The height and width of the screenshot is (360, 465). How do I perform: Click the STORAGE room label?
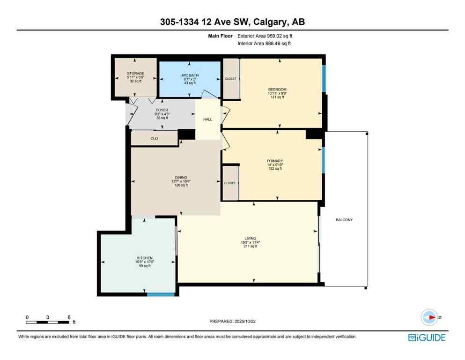(135, 74)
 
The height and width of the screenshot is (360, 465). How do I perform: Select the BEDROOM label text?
(277, 90)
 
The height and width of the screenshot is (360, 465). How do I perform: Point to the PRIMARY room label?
(275, 161)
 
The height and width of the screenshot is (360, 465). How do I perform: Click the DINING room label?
(181, 178)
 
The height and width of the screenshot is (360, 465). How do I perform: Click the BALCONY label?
(344, 220)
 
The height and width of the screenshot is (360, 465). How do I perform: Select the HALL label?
(207, 120)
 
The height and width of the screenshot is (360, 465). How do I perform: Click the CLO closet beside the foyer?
(154, 138)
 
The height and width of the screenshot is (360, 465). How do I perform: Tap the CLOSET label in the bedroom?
(230, 79)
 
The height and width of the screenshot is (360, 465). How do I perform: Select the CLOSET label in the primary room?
(230, 183)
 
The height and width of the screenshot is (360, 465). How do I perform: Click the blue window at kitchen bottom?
(161, 294)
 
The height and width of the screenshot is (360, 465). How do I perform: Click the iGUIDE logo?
(427, 337)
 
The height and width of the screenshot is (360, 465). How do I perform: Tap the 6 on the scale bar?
(69, 317)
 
